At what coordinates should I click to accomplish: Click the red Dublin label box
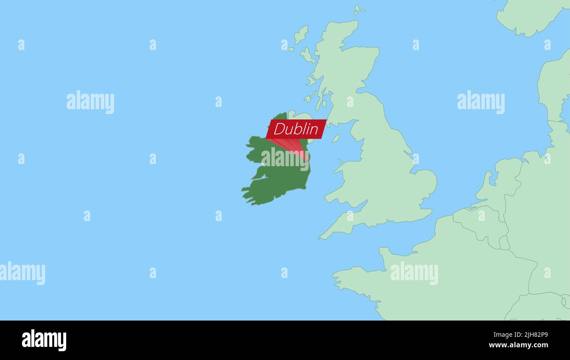296,129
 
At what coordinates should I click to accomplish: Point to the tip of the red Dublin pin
308,161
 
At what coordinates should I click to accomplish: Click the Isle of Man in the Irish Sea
335,139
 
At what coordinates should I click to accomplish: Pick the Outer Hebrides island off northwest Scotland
301,34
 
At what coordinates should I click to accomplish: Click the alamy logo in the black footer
44,340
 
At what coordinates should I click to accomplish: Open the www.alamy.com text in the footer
518,345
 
